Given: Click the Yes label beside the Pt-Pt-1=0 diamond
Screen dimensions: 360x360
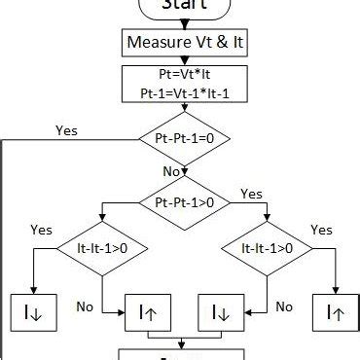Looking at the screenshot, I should pos(67,129).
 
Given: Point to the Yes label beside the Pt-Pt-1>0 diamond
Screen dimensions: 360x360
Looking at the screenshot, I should pos(251,193).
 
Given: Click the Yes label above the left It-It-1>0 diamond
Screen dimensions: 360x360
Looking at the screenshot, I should pos(42,231).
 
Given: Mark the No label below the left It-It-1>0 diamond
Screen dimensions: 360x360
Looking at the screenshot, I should pos(85,306).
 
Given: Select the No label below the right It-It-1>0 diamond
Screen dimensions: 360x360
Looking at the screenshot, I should pos(283,306).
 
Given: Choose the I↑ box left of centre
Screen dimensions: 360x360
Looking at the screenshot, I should pos(149,312).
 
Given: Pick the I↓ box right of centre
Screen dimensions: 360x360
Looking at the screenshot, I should pos(220,312).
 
